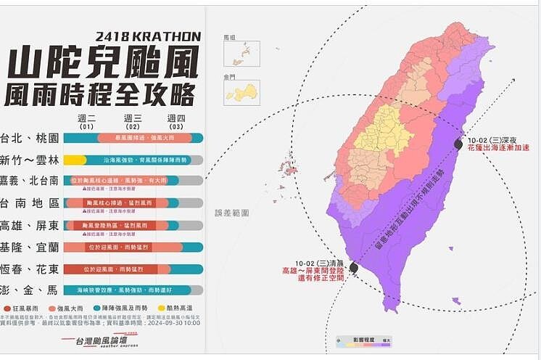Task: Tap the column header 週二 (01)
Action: (86, 121)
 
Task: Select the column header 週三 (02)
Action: (132, 121)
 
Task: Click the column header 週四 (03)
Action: (176, 121)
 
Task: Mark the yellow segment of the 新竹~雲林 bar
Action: (75, 160)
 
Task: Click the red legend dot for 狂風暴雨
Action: (7, 308)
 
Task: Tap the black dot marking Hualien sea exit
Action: (458, 144)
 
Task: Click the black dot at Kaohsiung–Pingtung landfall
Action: (353, 268)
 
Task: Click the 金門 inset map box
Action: (241, 92)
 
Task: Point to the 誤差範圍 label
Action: (231, 213)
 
